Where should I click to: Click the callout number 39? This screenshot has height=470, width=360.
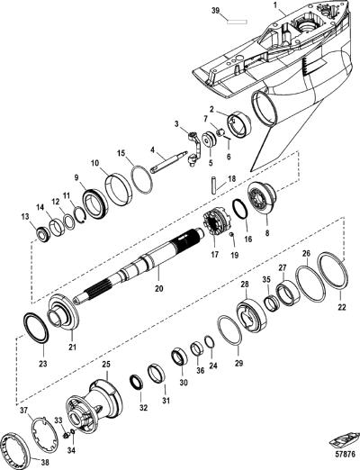tap(215, 11)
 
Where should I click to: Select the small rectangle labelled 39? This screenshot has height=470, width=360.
tap(238, 22)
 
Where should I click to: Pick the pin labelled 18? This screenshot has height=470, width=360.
tap(213, 185)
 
